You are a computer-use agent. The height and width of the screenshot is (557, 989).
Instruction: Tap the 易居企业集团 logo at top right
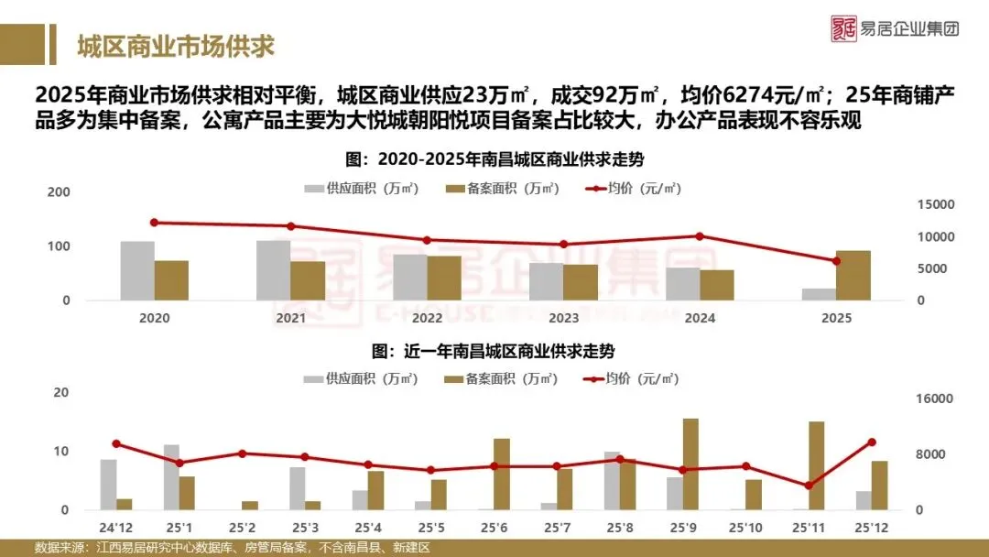(896, 27)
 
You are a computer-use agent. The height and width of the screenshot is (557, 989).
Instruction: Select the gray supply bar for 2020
(137, 270)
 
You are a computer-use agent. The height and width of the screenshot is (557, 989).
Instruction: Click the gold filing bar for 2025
(853, 275)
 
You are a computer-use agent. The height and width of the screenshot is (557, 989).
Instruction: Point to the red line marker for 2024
(700, 236)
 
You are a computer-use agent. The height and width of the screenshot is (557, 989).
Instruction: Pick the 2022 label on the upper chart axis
(428, 318)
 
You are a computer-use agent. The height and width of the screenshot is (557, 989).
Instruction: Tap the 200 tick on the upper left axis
(59, 191)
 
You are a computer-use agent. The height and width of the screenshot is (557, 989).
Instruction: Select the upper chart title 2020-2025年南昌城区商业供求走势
(494, 159)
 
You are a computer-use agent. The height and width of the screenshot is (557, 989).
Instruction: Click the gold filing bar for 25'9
(690, 464)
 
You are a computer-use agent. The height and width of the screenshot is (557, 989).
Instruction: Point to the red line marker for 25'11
(808, 486)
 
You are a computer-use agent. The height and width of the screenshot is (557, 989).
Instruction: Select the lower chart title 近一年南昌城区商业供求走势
(494, 351)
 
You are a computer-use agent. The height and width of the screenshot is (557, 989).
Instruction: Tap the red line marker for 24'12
(116, 444)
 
